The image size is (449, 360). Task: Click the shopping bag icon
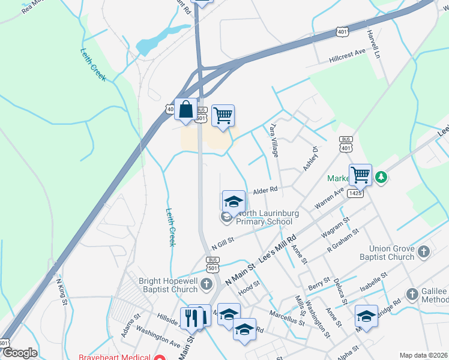186,110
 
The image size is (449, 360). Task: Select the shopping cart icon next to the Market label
360,175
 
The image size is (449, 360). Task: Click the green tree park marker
381,178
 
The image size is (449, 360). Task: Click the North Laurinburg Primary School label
264,217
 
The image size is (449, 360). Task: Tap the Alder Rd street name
265,190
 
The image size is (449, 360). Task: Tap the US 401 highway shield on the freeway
342,31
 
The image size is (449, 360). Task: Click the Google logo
20,353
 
